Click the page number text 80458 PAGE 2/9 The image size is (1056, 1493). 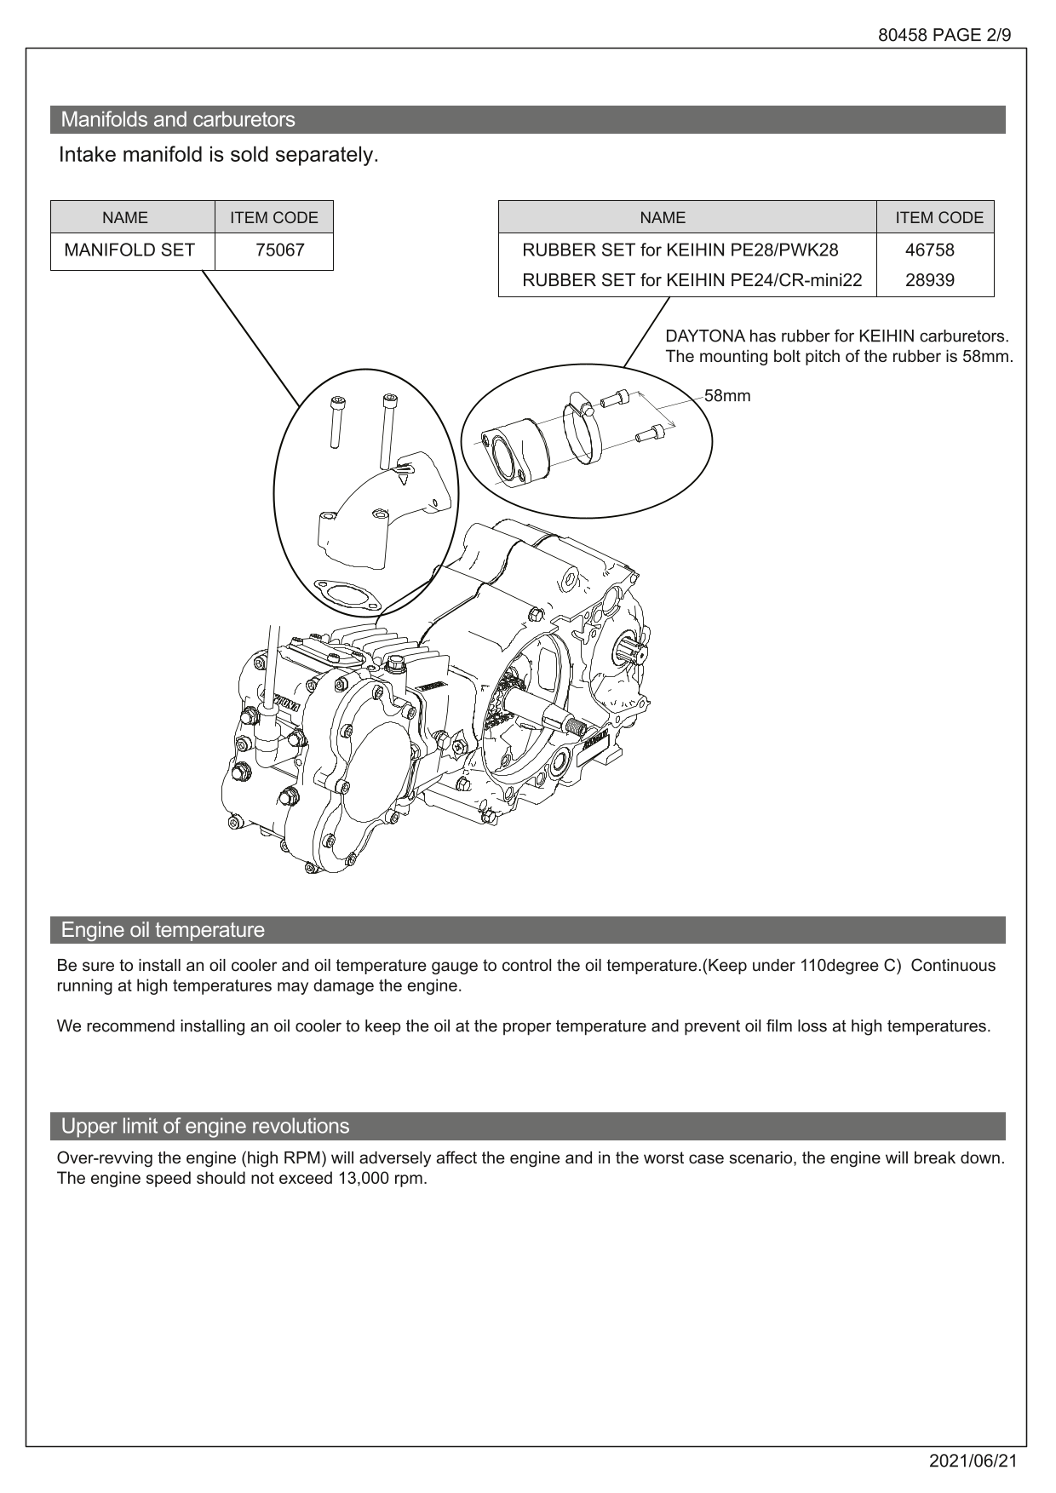click(x=944, y=36)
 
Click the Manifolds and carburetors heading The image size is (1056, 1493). click(x=178, y=120)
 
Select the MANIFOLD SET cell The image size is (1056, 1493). click(x=129, y=250)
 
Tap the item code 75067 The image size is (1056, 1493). click(x=280, y=250)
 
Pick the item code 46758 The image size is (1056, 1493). click(x=929, y=250)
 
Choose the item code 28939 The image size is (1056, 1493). click(x=929, y=280)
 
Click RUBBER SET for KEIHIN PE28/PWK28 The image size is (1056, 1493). click(x=680, y=250)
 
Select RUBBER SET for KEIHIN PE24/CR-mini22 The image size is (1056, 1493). click(x=692, y=280)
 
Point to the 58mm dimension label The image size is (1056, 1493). click(x=727, y=396)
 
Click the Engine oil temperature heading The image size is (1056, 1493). click(x=163, y=930)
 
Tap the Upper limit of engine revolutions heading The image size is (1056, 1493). click(x=205, y=1126)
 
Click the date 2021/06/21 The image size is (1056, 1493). click(x=973, y=1461)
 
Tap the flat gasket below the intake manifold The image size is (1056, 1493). click(x=344, y=593)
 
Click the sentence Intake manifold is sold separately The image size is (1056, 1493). click(x=218, y=155)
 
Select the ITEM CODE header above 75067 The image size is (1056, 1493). click(x=273, y=218)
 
